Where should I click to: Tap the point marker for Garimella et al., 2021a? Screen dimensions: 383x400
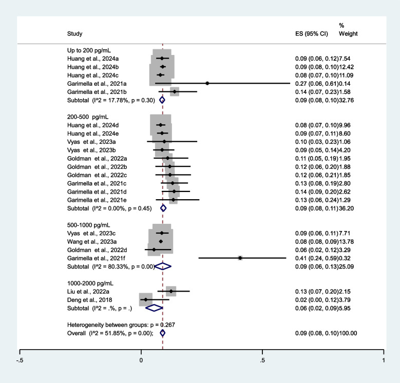pos(207,83)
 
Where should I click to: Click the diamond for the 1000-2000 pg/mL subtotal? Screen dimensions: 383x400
pos(154,308)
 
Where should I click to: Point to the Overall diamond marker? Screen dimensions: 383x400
pos(163,333)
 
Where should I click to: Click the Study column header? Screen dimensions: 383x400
pos(74,33)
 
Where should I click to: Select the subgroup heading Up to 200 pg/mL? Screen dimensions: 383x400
pos(89,50)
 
